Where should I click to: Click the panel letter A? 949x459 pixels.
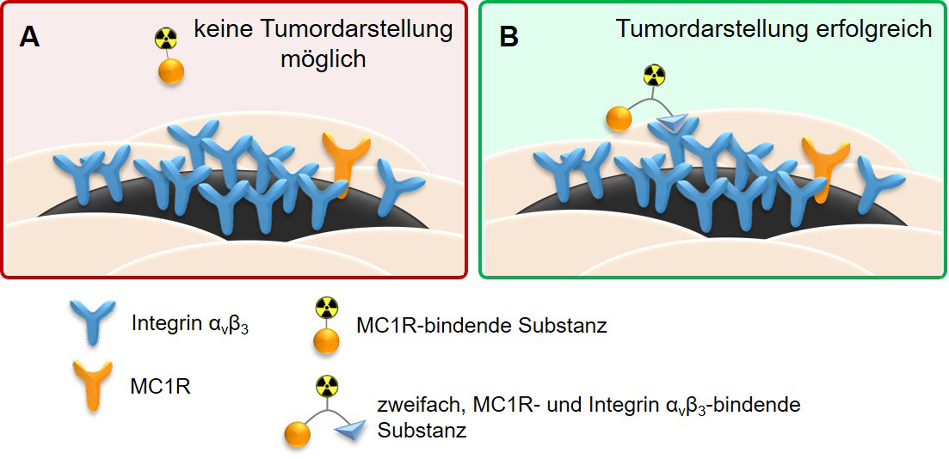click(x=29, y=37)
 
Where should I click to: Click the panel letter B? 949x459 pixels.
click(x=508, y=37)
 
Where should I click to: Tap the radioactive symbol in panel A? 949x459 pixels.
click(x=166, y=39)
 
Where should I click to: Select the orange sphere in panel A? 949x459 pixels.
click(x=171, y=72)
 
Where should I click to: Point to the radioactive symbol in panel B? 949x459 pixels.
click(x=654, y=76)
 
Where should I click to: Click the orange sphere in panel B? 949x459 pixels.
click(x=619, y=118)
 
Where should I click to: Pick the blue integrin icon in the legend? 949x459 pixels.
click(x=93, y=321)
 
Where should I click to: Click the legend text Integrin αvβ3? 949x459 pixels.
click(x=190, y=324)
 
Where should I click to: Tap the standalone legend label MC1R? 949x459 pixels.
click(x=160, y=386)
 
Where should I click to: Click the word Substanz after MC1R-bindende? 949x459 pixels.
click(x=563, y=325)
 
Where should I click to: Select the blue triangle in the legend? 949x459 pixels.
click(x=351, y=429)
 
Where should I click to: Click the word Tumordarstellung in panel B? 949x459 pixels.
click(x=712, y=29)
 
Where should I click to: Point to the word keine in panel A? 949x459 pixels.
click(x=223, y=29)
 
